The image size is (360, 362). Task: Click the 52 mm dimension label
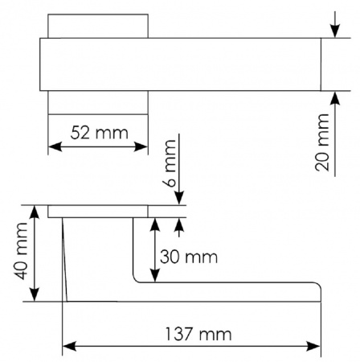click(100, 133)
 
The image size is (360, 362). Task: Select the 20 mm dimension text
click(321, 142)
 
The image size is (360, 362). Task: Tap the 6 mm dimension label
click(170, 163)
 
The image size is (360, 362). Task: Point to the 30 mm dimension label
click(189, 257)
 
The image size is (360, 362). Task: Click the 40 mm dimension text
click(21, 251)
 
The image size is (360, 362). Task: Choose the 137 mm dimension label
click(198, 335)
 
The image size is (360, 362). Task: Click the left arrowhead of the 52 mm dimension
click(55, 146)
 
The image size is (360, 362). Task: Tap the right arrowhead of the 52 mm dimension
click(141, 146)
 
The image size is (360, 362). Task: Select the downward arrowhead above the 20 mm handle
click(335, 31)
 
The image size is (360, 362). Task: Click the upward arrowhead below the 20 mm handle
click(335, 98)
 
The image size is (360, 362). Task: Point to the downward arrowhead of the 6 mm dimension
click(179, 198)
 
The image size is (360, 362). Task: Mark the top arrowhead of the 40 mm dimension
click(34, 212)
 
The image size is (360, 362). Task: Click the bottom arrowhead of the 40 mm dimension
click(34, 294)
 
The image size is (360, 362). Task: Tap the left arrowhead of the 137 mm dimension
click(69, 346)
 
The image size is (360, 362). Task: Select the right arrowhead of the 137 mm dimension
click(313, 346)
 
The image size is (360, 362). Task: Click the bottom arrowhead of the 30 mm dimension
click(155, 275)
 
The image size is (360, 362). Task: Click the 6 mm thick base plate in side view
click(98, 212)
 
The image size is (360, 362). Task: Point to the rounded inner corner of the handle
click(136, 279)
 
